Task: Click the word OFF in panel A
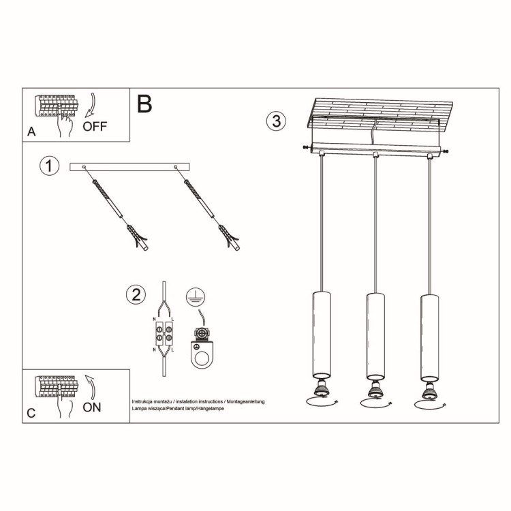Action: click(95, 126)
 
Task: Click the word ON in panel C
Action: click(91, 407)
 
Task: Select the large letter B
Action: click(144, 104)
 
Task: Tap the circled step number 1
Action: click(48, 166)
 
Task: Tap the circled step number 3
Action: click(275, 121)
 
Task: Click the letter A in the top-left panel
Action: click(31, 132)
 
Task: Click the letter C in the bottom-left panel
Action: click(31, 413)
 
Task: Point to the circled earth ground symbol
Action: click(195, 295)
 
